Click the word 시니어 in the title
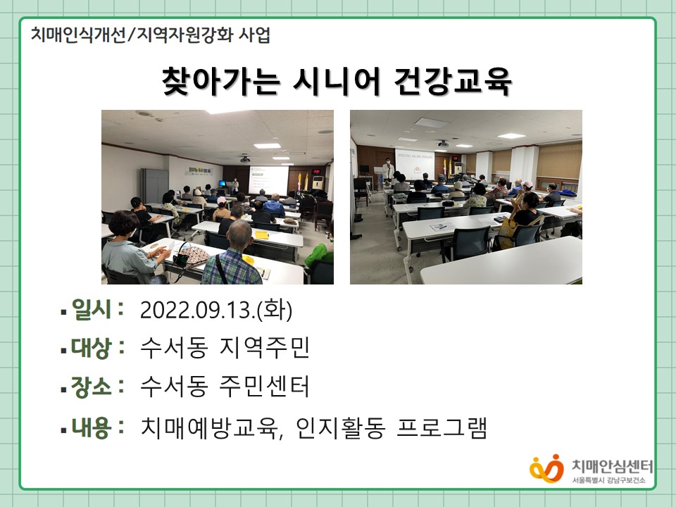[x=337, y=80]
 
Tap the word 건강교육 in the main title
[x=453, y=80]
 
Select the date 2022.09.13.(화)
[x=216, y=310]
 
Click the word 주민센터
[x=264, y=386]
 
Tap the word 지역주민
[x=264, y=347]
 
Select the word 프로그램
[x=442, y=427]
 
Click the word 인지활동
[x=340, y=427]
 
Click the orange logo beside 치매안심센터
[x=546, y=469]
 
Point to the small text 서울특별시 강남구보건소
[x=608, y=480]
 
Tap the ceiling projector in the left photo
[x=245, y=159]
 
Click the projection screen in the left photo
[x=268, y=180]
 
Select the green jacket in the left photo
[x=319, y=254]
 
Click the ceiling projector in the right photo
[x=442, y=144]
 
